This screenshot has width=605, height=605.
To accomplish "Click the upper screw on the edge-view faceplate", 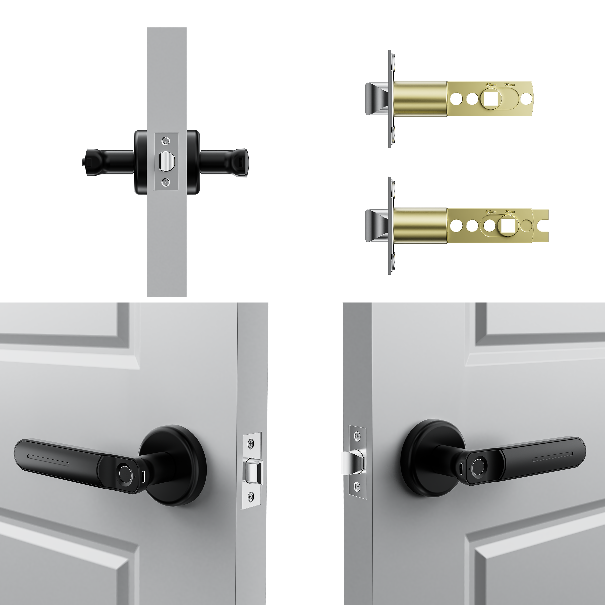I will pyautogui.click(x=166, y=139).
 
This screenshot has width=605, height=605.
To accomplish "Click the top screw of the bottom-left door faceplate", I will pyautogui.click(x=250, y=443).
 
